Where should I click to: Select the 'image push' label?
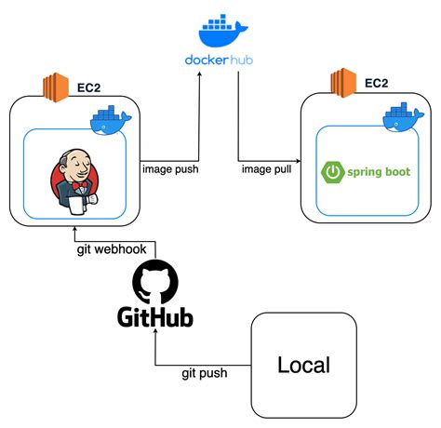pyautogui.click(x=170, y=168)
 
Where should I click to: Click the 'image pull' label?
pyautogui.click(x=265, y=168)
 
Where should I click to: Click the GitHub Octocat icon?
pyautogui.click(x=154, y=282)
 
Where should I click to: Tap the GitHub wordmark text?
pyautogui.click(x=155, y=319)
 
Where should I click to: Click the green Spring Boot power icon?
pyautogui.click(x=331, y=172)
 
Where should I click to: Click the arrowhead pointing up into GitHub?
pyautogui.click(x=154, y=339)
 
